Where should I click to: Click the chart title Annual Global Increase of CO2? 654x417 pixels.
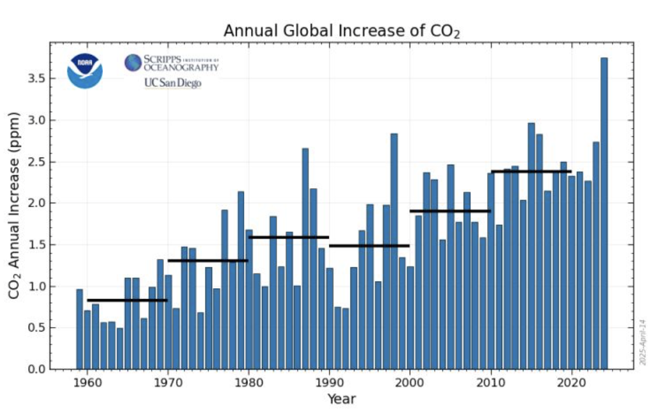[341, 31]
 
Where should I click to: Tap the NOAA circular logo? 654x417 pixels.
[85, 71]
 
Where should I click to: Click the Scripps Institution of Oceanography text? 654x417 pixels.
[171, 62]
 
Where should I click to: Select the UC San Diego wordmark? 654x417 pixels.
[172, 83]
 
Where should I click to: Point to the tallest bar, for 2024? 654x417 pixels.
[604, 214]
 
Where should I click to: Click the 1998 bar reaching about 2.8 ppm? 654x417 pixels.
[394, 251]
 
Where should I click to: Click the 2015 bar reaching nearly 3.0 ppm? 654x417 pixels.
[531, 246]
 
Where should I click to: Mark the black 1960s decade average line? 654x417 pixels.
[127, 300]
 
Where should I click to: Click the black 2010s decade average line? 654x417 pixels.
[531, 172]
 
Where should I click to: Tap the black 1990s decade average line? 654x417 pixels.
[369, 245]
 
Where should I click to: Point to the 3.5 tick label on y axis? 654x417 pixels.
[37, 78]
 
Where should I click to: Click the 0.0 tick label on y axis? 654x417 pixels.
[37, 369]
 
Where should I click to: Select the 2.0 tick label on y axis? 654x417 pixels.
[37, 203]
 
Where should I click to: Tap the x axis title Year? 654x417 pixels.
[341, 400]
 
